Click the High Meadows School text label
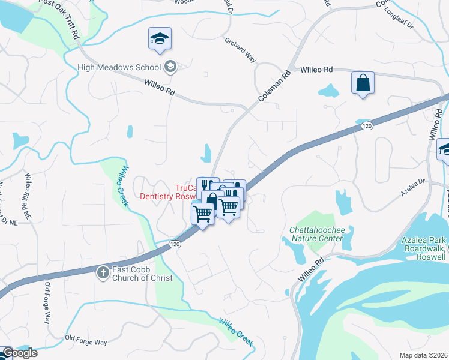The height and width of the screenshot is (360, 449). pos(119,67)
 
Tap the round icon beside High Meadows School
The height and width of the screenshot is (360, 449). pos(170,66)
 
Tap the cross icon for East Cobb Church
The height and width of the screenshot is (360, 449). pos(103,272)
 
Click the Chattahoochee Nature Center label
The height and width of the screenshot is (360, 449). pos(316,234)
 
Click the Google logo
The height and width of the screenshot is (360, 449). pos(19,353)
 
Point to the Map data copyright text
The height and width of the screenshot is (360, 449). pos(424,355)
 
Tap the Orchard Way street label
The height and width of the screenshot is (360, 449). pos(240,50)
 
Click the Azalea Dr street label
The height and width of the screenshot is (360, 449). pos(412,187)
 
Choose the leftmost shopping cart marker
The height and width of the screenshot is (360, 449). pos(202,212)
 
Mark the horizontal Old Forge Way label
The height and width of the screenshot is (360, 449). pos(86,342)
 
